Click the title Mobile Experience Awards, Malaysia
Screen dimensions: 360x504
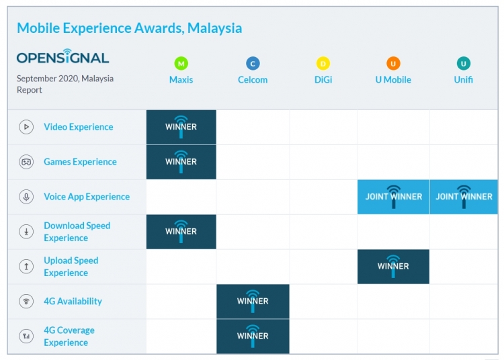click(x=129, y=28)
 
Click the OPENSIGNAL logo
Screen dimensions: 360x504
click(x=62, y=58)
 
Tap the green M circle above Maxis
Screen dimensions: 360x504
click(x=181, y=64)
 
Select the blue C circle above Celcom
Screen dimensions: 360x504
click(x=253, y=64)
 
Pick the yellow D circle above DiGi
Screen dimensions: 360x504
click(x=323, y=64)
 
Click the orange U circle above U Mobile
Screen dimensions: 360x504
click(x=393, y=64)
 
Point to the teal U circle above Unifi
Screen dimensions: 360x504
click(x=463, y=64)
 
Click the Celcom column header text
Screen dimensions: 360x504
click(x=253, y=80)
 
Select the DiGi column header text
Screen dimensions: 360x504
click(x=323, y=80)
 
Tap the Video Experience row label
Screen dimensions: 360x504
click(x=78, y=127)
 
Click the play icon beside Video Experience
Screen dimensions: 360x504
click(x=26, y=127)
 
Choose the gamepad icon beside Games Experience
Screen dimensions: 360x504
click(x=26, y=162)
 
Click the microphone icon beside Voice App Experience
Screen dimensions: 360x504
click(x=26, y=197)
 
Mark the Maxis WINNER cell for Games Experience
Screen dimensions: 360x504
click(x=181, y=162)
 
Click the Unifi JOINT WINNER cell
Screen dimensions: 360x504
click(x=464, y=197)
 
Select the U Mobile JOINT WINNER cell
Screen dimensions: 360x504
click(x=393, y=197)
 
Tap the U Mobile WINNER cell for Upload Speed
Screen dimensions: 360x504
click(x=393, y=267)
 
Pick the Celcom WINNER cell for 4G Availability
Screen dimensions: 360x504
click(x=253, y=302)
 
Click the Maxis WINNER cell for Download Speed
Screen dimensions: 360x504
click(x=181, y=232)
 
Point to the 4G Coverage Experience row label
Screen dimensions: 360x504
click(x=69, y=336)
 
